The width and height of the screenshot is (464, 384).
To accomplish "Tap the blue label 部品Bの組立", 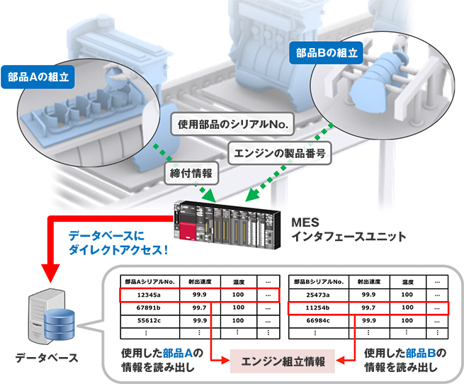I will coord(327,52).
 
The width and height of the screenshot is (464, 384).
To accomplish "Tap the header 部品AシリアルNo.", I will coord(149,281).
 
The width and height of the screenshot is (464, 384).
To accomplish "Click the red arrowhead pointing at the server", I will coord(50,272).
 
